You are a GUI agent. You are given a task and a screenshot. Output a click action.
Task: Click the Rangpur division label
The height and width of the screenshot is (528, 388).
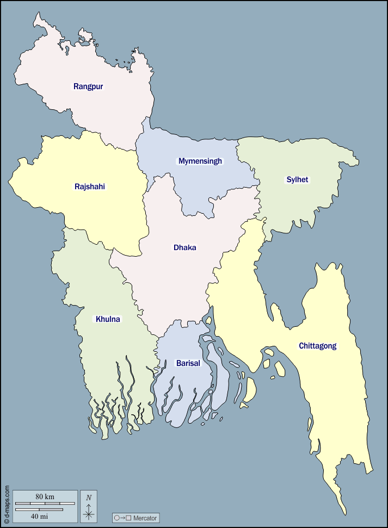(88, 86)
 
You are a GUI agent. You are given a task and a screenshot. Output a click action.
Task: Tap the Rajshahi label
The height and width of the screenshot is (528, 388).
(90, 187)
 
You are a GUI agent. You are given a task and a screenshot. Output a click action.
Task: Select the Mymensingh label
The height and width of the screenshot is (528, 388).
(200, 161)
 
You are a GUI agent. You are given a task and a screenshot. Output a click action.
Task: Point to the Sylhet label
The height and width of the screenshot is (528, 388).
(297, 179)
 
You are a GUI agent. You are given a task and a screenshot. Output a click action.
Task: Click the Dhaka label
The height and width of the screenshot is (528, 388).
(185, 247)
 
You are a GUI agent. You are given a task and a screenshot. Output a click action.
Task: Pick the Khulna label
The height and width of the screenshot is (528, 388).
(108, 319)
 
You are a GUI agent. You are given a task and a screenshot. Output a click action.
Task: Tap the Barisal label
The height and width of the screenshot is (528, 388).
(188, 363)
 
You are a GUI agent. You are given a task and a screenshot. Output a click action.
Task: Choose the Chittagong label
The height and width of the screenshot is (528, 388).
(318, 346)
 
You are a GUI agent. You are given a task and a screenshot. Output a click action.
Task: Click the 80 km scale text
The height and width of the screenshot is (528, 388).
(45, 496)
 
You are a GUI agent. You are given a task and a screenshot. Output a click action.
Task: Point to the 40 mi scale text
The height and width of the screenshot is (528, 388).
(39, 515)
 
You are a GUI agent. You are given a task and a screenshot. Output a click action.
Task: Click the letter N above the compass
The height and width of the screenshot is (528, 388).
(89, 497)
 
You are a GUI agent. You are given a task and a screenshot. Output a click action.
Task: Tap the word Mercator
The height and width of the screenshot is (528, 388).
(145, 518)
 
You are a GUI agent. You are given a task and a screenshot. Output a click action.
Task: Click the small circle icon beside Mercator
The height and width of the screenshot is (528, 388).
(116, 518)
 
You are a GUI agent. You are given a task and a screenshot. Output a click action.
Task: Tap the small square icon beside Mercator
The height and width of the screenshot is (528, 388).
(128, 518)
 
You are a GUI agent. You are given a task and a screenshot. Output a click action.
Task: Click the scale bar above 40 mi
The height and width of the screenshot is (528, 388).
(39, 510)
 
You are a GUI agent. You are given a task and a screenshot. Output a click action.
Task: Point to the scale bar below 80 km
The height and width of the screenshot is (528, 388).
(45, 504)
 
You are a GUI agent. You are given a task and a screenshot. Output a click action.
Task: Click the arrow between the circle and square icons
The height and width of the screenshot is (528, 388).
(122, 518)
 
